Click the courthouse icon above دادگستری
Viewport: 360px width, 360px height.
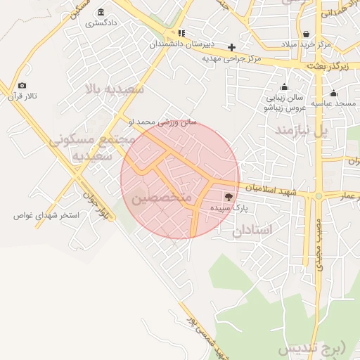point(102,13)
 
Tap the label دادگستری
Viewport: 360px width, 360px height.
point(101,23)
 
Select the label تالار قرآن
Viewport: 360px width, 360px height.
point(30,95)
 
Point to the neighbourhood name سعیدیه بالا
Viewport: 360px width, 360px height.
point(114,89)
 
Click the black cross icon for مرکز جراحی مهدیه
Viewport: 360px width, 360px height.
point(231,47)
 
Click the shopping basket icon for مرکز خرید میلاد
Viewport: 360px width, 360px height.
point(306,34)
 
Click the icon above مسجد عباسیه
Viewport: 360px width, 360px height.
point(333,93)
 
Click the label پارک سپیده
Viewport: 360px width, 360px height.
point(229,209)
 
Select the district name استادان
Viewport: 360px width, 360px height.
point(253,229)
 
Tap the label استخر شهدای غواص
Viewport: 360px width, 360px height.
point(44,215)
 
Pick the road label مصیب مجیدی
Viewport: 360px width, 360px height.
point(318,242)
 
